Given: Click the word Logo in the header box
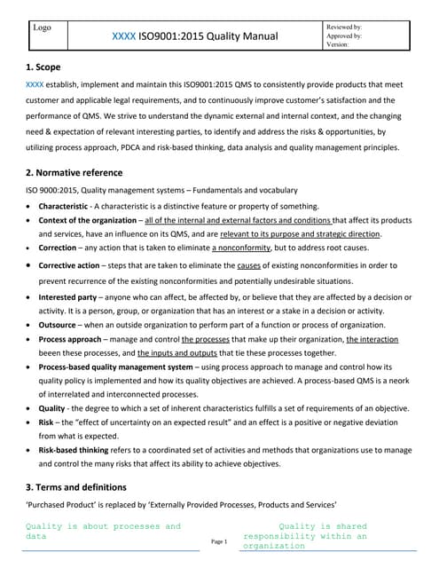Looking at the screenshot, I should (42, 28).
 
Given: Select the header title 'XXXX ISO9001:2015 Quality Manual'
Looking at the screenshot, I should (195, 36).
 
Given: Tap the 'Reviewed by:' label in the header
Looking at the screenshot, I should (344, 28).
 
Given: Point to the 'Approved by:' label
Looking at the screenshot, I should (344, 36).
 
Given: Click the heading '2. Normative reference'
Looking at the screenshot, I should (74, 172).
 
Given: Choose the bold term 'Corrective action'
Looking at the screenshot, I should (76, 265).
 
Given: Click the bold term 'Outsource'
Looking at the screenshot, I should (62, 326).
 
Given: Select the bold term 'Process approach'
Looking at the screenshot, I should (74, 341).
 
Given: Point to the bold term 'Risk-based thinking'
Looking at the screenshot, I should (82, 449).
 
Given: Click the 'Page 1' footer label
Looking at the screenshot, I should (219, 541).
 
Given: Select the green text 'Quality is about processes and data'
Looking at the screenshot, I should (102, 532).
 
